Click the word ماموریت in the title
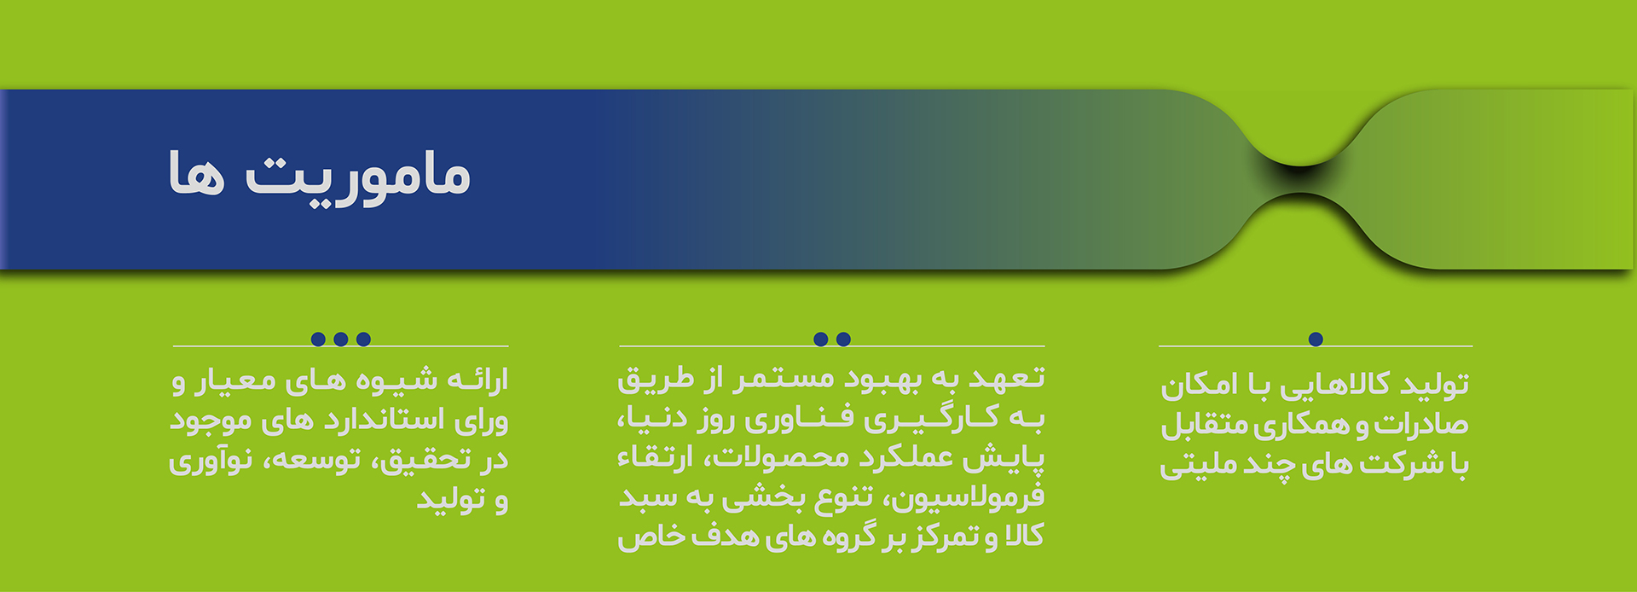358,176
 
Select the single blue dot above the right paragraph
1316,340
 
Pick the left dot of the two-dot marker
821,340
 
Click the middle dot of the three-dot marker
341,340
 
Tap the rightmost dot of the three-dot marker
364,340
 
